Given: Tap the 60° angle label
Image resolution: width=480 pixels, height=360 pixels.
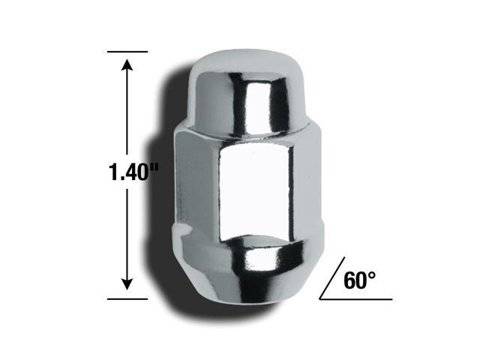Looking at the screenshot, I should tap(358, 280).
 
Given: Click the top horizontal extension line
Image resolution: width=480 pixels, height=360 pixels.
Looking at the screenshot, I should tap(127, 52).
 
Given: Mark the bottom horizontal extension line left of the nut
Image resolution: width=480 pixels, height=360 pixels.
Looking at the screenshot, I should tap(127, 298).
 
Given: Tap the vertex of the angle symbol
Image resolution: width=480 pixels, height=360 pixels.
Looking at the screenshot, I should tap(320, 298).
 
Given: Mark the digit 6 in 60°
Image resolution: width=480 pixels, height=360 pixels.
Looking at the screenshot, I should tap(349, 280).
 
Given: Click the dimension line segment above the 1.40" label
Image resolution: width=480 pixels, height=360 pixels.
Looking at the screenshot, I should tap(128, 112).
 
